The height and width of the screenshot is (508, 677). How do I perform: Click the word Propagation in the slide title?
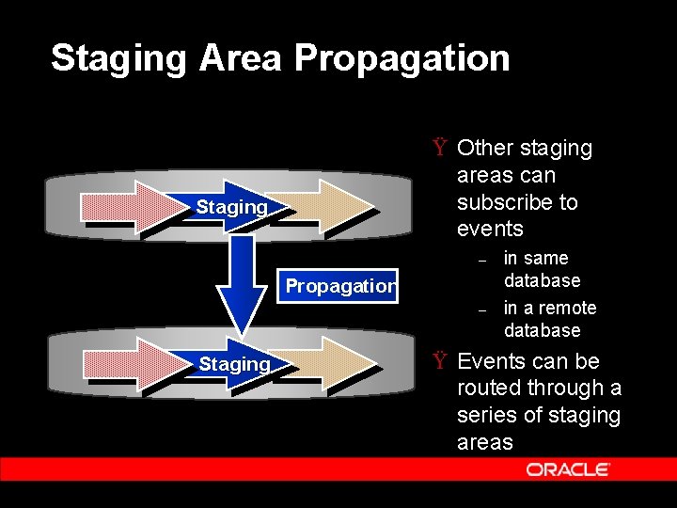click(401, 57)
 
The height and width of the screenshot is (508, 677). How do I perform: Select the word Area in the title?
click(240, 57)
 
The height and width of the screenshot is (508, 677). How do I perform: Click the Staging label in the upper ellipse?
click(231, 206)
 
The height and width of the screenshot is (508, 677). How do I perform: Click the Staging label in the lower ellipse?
click(234, 363)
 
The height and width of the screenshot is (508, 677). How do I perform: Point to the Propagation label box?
click(340, 286)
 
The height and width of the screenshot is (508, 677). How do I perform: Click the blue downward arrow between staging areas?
click(242, 282)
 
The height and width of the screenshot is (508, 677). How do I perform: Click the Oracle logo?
click(568, 468)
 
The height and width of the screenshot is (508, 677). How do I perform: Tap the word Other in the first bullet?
click(484, 148)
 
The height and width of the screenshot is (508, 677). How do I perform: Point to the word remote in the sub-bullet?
click(568, 308)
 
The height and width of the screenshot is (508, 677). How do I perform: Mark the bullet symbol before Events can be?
click(439, 361)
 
